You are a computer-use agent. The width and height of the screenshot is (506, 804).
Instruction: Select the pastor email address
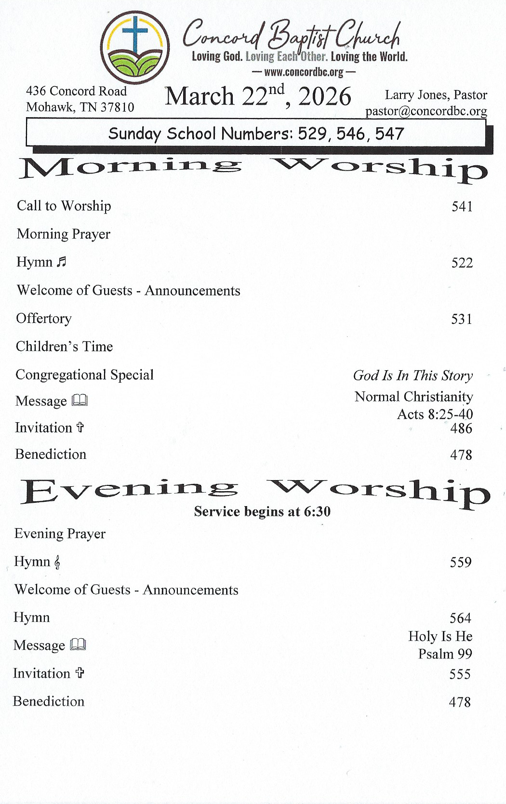426,111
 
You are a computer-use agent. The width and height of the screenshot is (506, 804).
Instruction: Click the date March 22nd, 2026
258,96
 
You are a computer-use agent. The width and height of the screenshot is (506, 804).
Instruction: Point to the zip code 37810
118,107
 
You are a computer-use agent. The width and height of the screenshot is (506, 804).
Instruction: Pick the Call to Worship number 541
462,207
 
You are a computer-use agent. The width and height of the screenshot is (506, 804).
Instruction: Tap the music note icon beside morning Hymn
61,262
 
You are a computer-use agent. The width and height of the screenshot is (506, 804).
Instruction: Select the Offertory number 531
461,319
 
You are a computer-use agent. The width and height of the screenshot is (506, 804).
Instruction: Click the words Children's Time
64,347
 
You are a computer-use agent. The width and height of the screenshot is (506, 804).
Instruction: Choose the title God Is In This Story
413,375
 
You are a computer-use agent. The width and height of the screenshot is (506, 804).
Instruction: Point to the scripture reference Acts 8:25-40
435,414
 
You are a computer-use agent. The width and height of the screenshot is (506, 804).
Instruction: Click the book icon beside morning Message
80,401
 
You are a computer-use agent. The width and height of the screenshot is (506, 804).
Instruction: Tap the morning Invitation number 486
461,429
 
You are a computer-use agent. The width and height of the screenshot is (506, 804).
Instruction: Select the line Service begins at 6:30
262,511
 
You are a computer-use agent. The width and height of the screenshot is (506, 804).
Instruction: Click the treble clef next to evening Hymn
57,563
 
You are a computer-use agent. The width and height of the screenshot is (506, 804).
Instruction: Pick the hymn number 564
460,618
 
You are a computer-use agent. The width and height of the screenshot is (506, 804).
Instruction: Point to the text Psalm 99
445,654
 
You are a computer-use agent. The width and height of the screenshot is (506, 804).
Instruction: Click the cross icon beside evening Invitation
80,673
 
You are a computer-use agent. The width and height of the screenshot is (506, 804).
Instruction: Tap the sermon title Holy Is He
440,636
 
